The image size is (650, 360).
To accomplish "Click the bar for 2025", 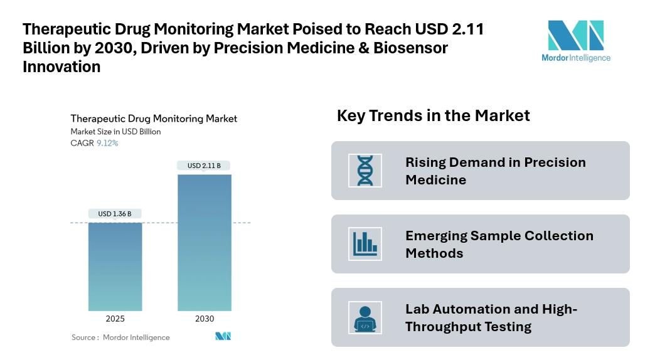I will pos(115,267).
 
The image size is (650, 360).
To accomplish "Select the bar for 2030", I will pos(205,242).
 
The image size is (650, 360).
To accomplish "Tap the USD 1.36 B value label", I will pos(115,214).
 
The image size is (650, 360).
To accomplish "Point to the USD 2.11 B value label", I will pos(205,166).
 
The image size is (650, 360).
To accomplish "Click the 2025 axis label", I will pos(115,319).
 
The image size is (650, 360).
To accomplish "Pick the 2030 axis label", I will pos(205,319).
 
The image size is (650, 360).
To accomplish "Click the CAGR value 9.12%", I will pos(107,143).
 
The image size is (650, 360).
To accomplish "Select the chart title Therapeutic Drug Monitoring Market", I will pos(154,119).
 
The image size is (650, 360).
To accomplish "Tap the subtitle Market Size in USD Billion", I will pos(115,132).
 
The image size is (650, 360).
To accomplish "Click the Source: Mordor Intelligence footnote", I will pos(120,337).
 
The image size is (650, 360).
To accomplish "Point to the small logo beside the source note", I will pos(223,337).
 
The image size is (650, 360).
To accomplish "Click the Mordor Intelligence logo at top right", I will pos(575,41).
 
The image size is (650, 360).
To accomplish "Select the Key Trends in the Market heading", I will pos(433,115).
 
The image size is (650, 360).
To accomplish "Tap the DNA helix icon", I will pos(365,171).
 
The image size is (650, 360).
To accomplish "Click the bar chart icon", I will pos(365,244).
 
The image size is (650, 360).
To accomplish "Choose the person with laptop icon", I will pos(365,317).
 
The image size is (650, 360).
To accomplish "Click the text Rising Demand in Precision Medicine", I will pos(495,171).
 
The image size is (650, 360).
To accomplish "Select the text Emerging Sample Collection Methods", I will pos(499,244).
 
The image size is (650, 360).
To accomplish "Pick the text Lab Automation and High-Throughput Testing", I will pos(491,317).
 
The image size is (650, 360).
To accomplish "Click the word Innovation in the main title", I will pos(61,67).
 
